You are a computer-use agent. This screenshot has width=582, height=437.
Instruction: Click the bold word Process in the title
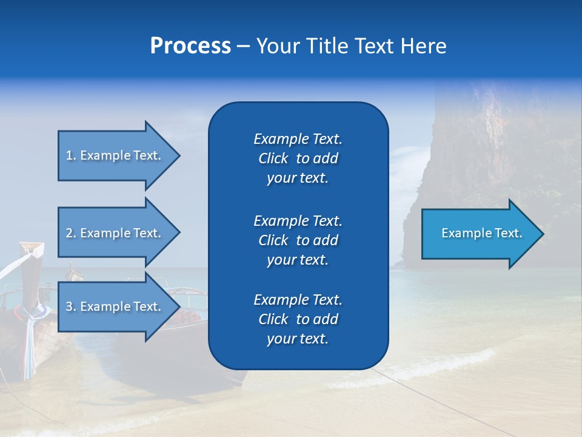click(190, 46)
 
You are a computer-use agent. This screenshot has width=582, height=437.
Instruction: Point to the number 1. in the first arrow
click(71, 155)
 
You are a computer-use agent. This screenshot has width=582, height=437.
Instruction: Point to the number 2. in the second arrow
click(71, 233)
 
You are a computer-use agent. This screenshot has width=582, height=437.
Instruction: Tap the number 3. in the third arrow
click(71, 307)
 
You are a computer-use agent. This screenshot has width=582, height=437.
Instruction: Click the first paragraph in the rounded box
click(298, 158)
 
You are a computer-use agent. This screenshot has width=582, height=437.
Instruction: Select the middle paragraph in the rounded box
click(298, 240)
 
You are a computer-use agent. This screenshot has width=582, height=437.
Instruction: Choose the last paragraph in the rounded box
click(298, 319)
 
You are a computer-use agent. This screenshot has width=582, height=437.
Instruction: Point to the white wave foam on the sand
click(424, 370)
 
